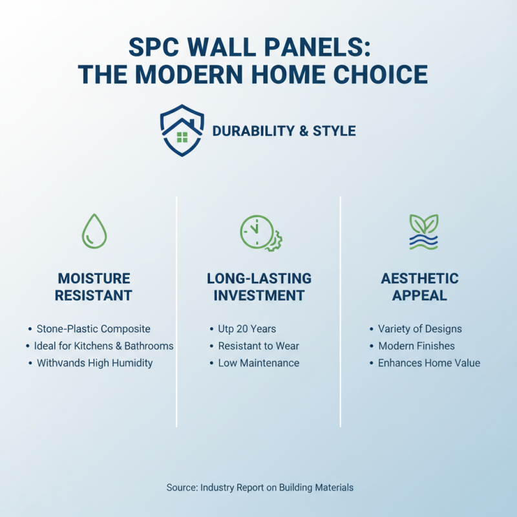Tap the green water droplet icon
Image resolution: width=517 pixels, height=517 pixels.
94,231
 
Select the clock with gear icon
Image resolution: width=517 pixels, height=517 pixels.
258,231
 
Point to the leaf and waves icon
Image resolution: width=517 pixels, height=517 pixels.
423,231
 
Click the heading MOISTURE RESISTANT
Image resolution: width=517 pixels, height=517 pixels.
94,287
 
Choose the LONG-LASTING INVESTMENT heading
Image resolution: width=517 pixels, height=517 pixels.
258,287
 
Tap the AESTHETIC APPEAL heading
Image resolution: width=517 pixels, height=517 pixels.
419,287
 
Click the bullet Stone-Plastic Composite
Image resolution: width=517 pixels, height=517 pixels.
93,329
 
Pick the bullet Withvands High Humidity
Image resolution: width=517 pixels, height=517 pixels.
94,363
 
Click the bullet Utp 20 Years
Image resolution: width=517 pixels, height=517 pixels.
247,329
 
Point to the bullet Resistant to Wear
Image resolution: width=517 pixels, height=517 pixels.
258,346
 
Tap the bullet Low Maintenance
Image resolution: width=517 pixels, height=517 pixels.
258,363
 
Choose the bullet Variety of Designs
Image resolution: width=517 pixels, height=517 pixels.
420,329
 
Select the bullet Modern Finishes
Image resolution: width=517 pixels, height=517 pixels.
416,346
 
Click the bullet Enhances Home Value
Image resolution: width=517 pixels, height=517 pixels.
429,363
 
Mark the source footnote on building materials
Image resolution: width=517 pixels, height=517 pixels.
259,487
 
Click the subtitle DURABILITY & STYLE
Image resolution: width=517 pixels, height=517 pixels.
284,131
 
